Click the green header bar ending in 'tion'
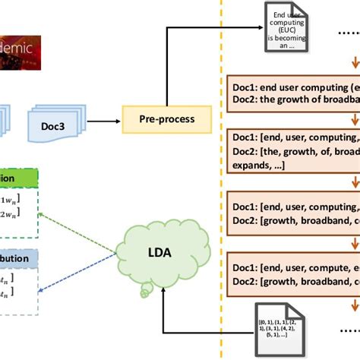click(19, 179)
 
